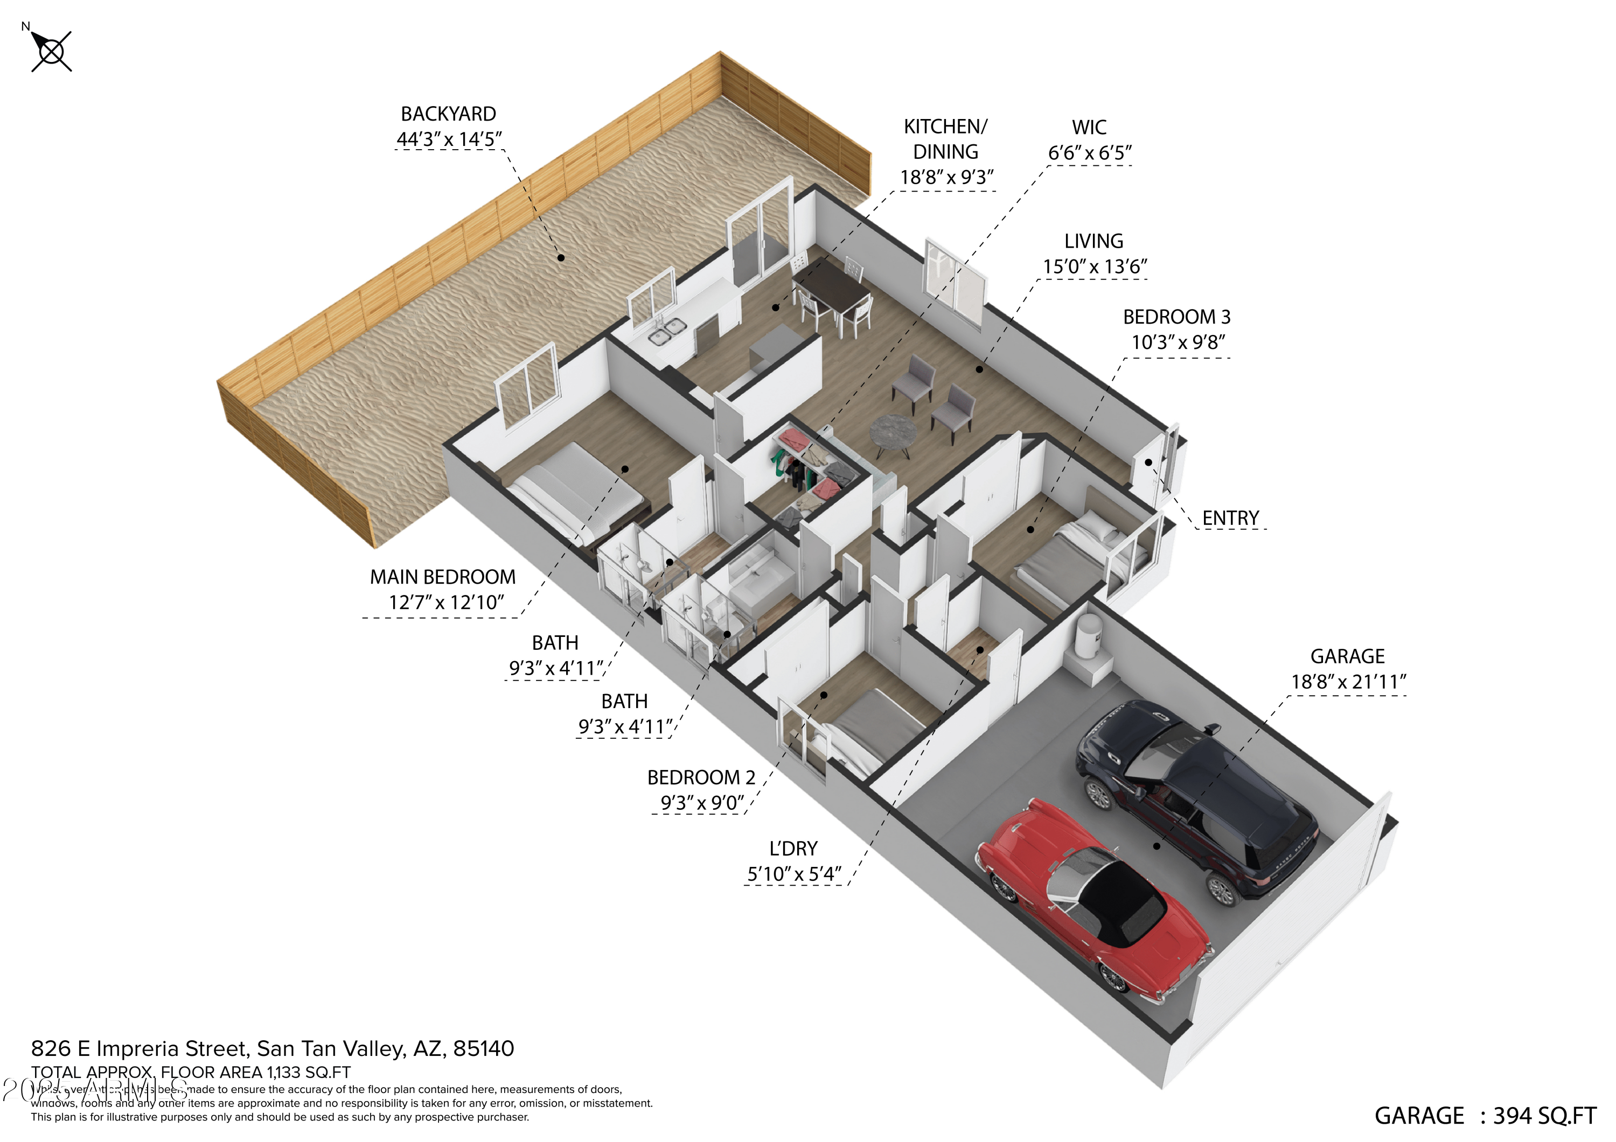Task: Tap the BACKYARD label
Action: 448,114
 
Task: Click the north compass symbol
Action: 51,51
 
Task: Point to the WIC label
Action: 1089,128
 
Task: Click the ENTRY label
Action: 1230,518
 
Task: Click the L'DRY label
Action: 793,849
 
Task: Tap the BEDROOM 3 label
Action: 1176,317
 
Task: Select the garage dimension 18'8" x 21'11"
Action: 1348,682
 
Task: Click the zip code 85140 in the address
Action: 484,1048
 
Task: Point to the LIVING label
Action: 1093,241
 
